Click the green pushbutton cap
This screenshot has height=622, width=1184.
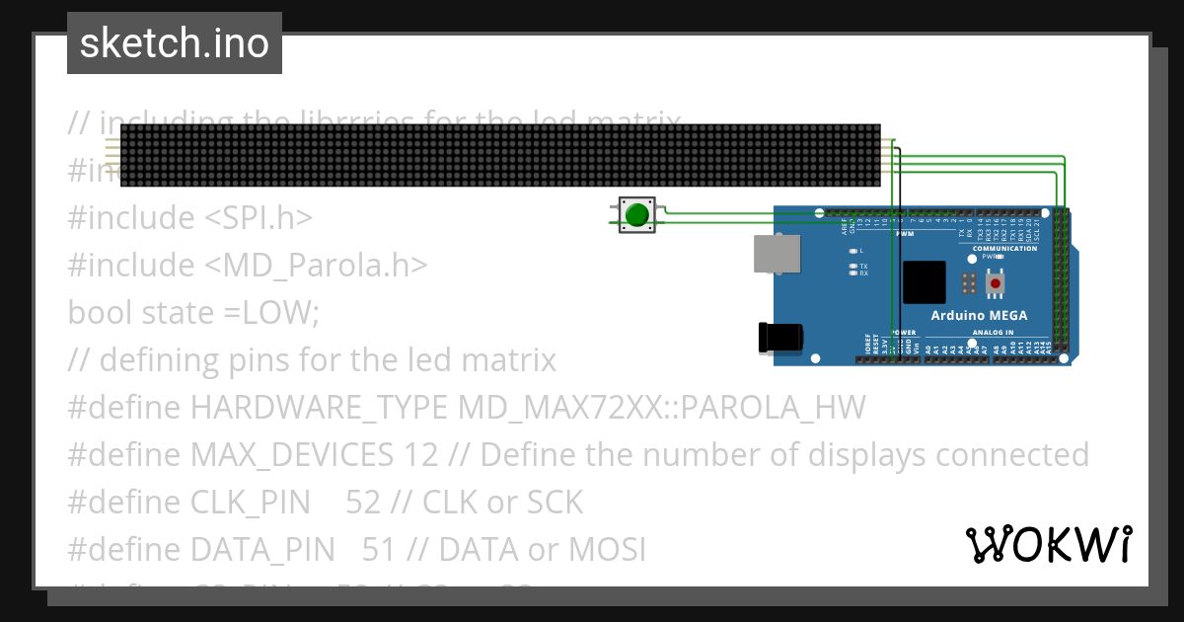637,214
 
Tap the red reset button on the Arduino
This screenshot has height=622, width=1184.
996,284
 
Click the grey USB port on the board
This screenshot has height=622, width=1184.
777,254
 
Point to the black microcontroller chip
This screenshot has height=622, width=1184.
925,281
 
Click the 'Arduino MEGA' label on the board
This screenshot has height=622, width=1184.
979,316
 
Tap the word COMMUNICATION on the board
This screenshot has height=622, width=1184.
1004,248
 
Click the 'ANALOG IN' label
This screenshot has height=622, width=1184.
992,333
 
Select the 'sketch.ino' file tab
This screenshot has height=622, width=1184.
175,43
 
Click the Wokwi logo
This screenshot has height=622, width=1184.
1049,544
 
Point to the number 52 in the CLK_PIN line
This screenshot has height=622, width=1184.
363,503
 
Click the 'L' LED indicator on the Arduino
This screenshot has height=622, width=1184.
852,252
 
